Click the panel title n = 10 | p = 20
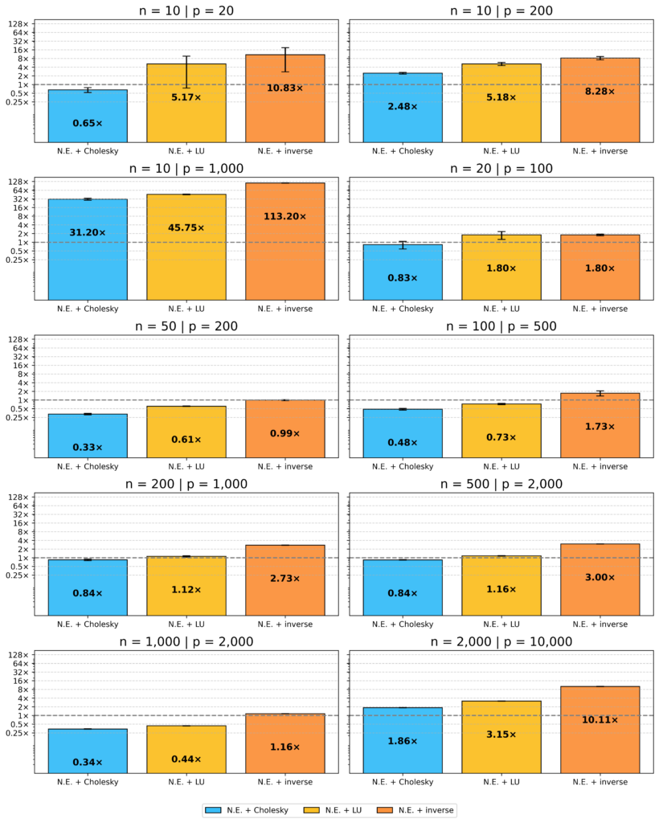pyautogui.click(x=186, y=10)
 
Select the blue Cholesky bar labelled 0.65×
pyautogui.click(x=88, y=116)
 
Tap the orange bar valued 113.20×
pyautogui.click(x=285, y=241)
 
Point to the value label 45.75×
pyautogui.click(x=186, y=227)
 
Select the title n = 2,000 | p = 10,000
pyautogui.click(x=501, y=641)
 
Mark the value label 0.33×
pyautogui.click(x=88, y=447)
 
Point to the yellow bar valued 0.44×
pyautogui.click(x=186, y=749)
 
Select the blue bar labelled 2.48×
pyautogui.click(x=403, y=108)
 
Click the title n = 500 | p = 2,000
pyautogui.click(x=501, y=484)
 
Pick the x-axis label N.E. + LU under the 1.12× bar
pyautogui.click(x=186, y=624)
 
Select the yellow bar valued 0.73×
pyautogui.click(x=501, y=431)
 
